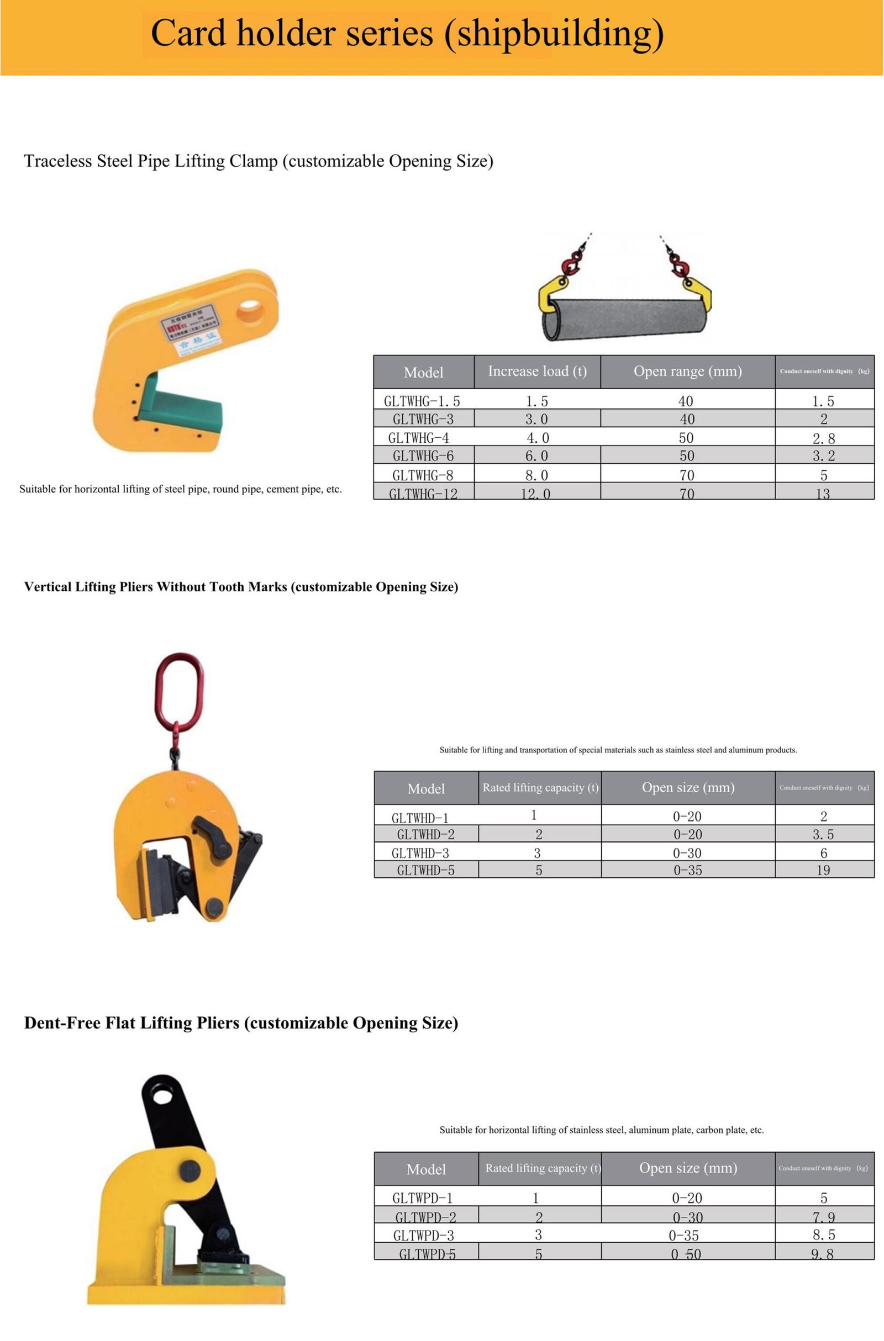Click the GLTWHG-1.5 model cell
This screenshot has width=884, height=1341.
(x=422, y=401)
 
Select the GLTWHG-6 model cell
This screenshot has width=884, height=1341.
(x=423, y=456)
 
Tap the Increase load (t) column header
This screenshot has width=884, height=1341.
(x=536, y=372)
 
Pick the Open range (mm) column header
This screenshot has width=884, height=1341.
(x=687, y=372)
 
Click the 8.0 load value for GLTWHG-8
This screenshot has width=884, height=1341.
(x=536, y=475)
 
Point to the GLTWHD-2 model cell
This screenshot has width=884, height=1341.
(x=425, y=834)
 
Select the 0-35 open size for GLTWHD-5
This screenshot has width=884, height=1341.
(x=688, y=871)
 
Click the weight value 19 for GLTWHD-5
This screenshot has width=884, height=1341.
(x=823, y=871)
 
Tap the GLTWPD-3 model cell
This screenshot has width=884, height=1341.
(x=423, y=1236)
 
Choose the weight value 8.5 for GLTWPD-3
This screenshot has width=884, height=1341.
(x=823, y=1236)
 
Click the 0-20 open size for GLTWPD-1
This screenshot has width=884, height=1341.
(x=687, y=1198)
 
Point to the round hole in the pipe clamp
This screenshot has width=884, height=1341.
(x=250, y=310)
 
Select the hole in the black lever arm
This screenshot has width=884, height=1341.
(x=162, y=1096)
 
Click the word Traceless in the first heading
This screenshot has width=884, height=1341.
(x=58, y=161)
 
